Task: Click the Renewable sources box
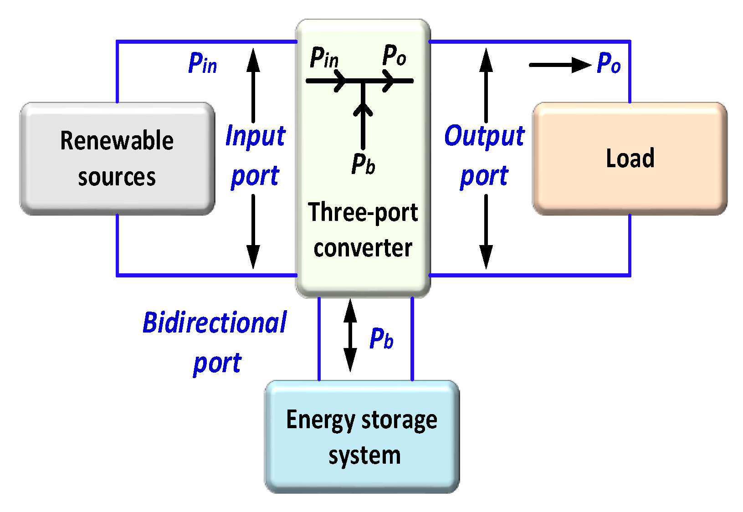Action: point(117,159)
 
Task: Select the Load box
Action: point(630,159)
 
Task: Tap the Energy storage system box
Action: point(362,436)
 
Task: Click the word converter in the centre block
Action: point(363,248)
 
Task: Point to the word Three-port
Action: point(363,213)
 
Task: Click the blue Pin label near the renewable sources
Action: point(202,63)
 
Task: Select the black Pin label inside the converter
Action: point(324,58)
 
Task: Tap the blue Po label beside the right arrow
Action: point(609,63)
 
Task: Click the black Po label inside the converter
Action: point(394,56)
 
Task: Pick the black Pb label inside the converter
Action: point(363,164)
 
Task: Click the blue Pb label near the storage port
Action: point(381,338)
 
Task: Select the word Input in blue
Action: point(255,136)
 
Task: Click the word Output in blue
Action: point(484,136)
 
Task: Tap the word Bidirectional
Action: point(215,323)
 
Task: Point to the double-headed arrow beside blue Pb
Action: point(350,336)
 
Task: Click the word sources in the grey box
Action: point(117,177)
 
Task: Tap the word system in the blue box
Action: point(364,456)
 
